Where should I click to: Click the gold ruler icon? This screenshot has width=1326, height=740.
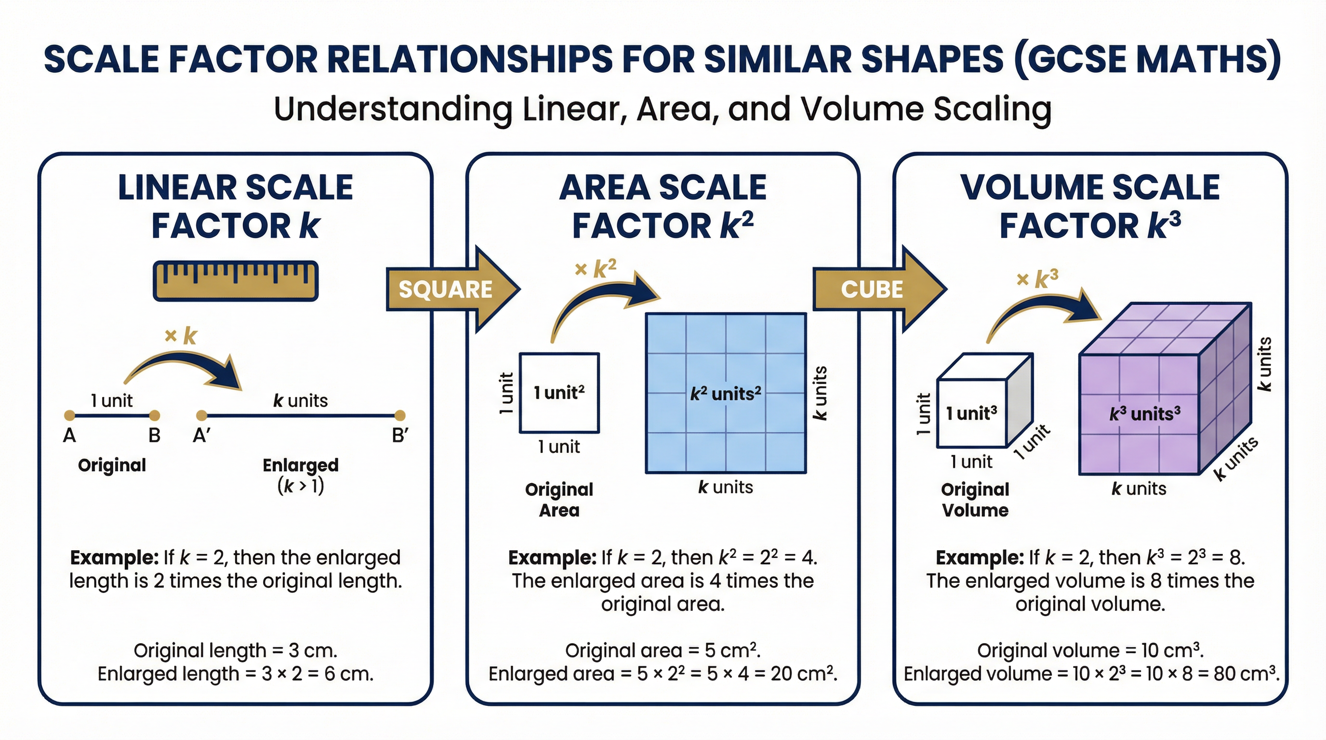click(x=236, y=281)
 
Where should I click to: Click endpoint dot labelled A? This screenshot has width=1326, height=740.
click(x=69, y=415)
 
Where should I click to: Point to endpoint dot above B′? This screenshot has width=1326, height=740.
click(x=399, y=415)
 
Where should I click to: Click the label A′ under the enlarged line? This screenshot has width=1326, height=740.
click(x=201, y=436)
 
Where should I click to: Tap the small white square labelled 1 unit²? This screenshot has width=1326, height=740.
click(x=559, y=393)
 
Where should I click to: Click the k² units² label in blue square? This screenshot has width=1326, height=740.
click(x=725, y=394)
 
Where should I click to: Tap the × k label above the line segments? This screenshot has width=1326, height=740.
click(x=181, y=336)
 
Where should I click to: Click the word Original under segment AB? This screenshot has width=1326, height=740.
click(x=112, y=465)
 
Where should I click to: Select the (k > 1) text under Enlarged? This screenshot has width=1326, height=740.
click(x=301, y=486)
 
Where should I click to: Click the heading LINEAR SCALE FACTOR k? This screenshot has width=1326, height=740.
click(x=236, y=206)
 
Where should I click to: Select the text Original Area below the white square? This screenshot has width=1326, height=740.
click(x=559, y=500)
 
